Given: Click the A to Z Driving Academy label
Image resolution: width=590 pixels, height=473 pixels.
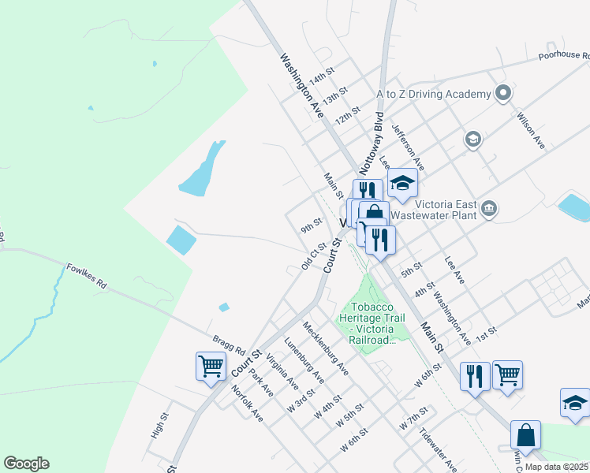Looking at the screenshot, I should click(433, 94).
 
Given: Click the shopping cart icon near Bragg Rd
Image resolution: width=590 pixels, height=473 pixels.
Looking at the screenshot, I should click(211, 367).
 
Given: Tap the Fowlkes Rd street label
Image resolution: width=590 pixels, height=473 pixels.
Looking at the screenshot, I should click(86, 274).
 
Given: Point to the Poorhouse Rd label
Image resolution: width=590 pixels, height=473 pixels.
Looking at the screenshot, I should click(563, 56).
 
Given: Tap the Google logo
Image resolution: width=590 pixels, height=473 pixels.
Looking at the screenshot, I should click(26, 464).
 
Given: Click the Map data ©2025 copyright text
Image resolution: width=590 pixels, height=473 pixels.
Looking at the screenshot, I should click(556, 467).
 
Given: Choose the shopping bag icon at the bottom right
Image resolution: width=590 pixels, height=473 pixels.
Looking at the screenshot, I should click(525, 434).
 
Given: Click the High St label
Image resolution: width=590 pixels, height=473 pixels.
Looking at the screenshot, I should click(160, 426).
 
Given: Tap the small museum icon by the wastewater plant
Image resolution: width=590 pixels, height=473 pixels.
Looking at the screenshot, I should click(490, 208).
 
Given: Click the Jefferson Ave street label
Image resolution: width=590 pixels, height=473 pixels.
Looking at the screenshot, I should click(408, 147).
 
